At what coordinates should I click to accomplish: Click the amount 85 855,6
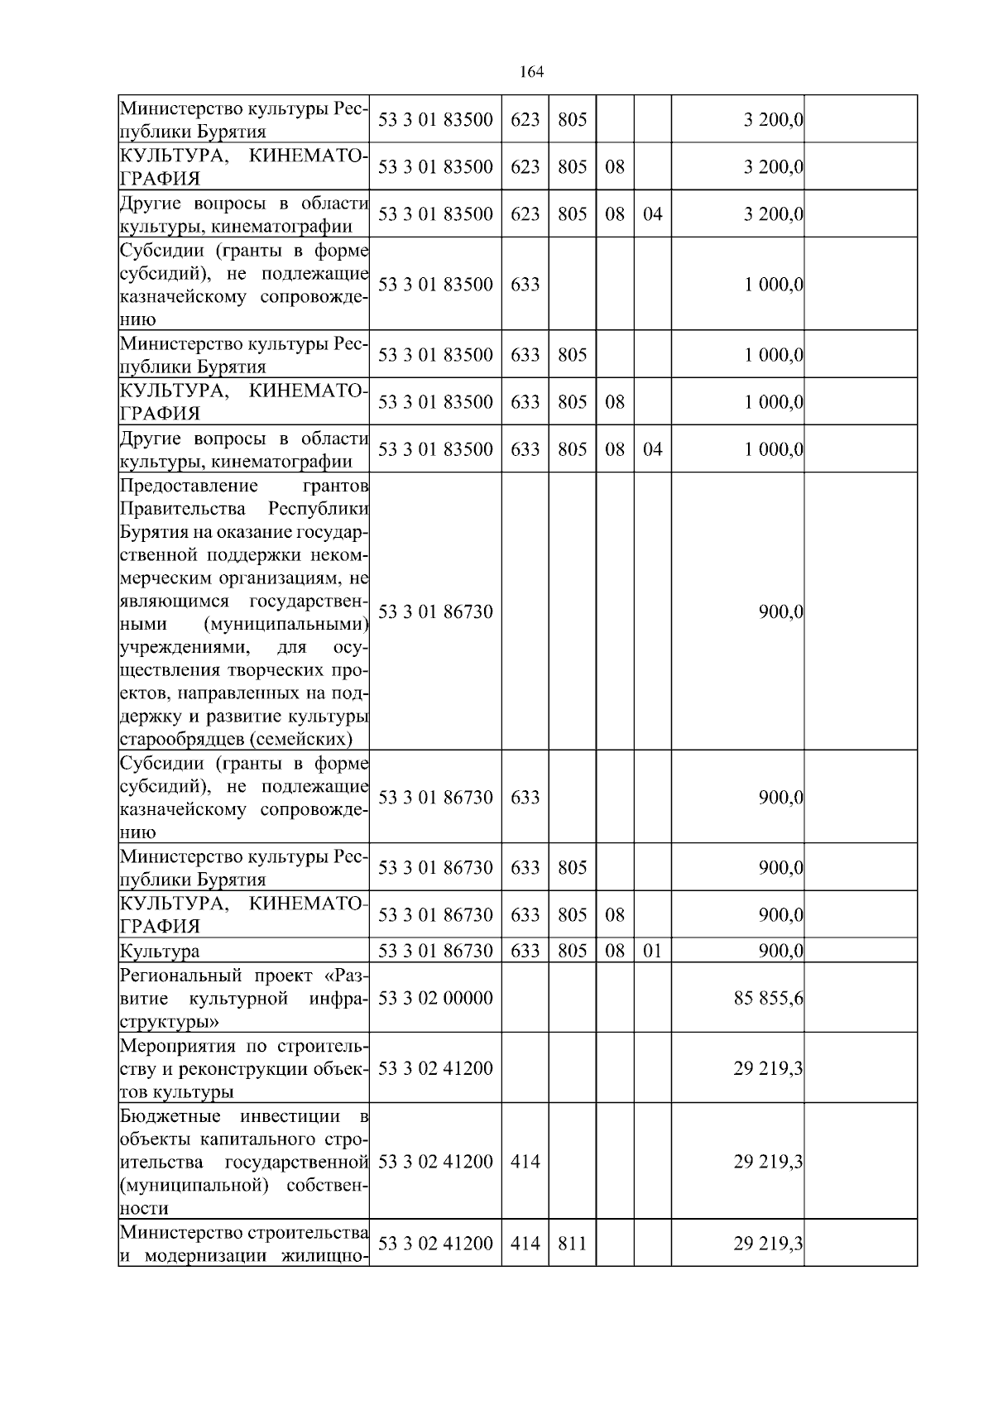coord(768,998)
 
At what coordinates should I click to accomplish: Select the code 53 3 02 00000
coord(435,998)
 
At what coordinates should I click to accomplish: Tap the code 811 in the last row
coord(572,1244)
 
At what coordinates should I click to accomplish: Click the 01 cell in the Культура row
coord(653,951)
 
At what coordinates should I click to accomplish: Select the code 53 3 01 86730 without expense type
coord(435,612)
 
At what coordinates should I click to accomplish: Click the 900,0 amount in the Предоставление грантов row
coord(780,612)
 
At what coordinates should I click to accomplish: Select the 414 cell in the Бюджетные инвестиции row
coord(525,1162)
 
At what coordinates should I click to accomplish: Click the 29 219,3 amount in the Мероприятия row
coord(768,1068)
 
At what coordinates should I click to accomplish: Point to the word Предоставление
coord(189,485)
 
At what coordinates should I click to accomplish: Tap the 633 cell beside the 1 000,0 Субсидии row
coord(525,285)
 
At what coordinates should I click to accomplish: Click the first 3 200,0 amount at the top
coord(774,120)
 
